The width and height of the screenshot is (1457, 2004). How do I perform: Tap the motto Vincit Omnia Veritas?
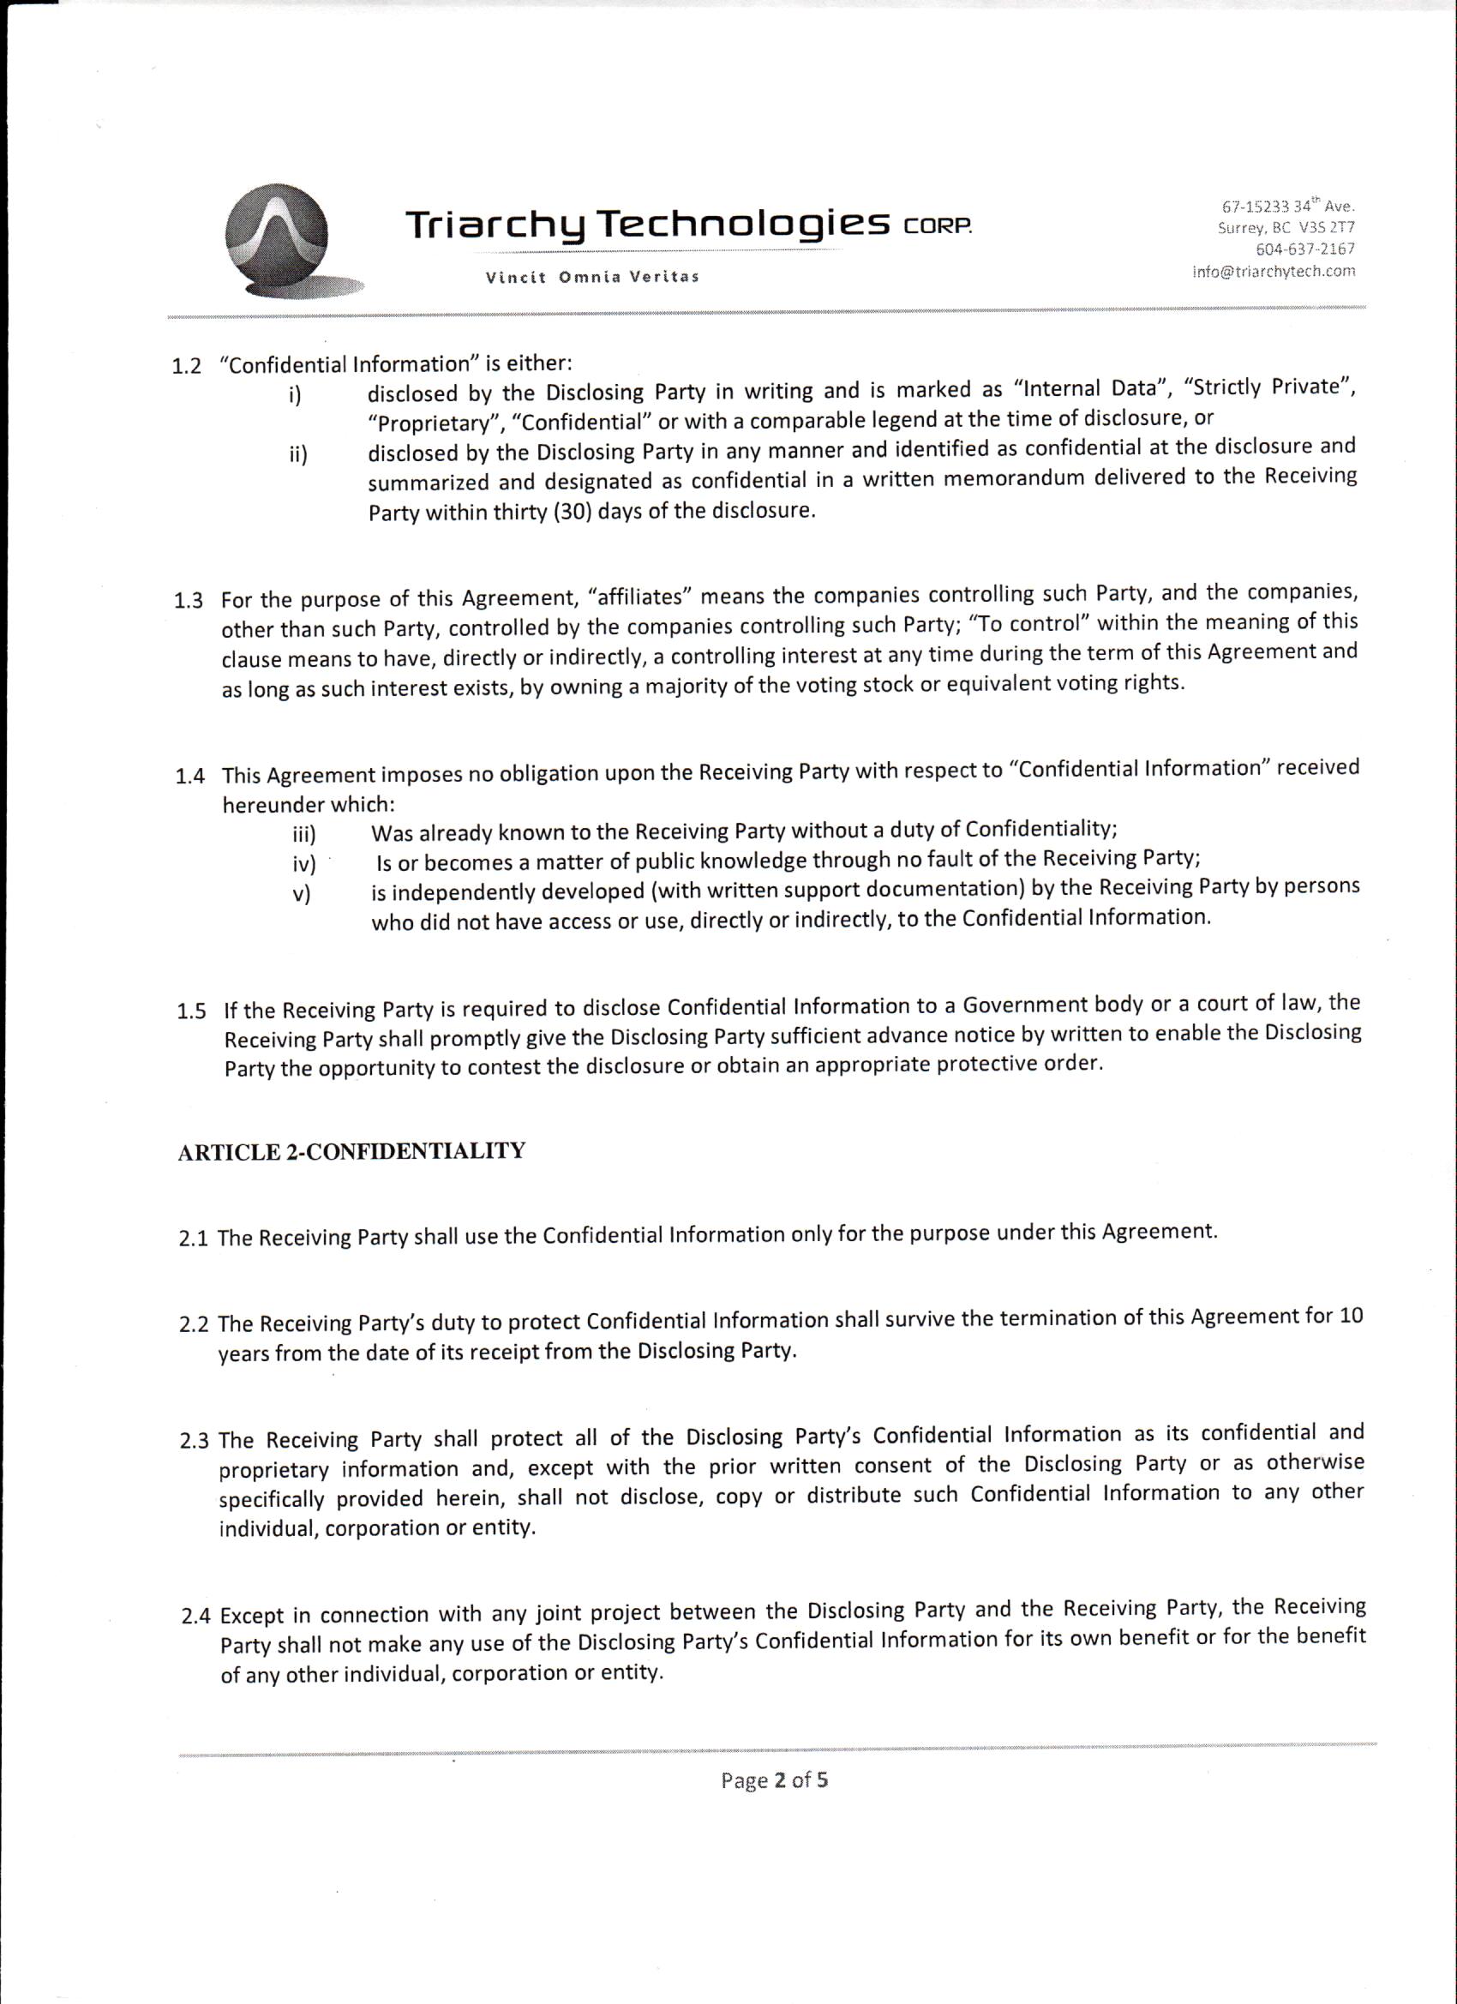click(592, 277)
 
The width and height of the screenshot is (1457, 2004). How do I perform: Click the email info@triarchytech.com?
click(1274, 271)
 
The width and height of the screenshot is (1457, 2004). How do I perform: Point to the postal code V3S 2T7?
click(1327, 228)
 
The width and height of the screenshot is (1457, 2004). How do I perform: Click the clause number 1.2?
click(187, 367)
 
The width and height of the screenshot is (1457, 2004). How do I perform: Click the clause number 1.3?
click(189, 602)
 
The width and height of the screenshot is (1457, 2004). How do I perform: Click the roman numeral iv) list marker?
click(304, 864)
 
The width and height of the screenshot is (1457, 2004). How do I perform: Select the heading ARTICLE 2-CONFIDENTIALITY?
click(351, 1152)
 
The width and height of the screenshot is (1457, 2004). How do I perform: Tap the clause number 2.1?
click(194, 1239)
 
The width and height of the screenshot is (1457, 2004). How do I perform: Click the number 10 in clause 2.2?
click(1351, 1316)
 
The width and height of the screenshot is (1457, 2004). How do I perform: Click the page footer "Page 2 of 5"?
click(774, 1780)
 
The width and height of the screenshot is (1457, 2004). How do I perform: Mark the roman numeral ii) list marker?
click(297, 456)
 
